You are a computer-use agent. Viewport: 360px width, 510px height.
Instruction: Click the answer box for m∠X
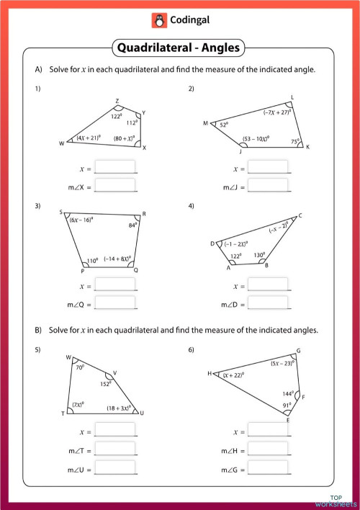tap(115, 185)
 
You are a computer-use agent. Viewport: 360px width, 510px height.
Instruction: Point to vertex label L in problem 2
tap(292, 97)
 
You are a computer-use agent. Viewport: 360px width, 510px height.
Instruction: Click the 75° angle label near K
tap(294, 142)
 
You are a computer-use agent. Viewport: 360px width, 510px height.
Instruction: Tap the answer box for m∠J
tap(268, 185)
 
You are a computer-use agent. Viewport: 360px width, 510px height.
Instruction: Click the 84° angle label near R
tap(132, 225)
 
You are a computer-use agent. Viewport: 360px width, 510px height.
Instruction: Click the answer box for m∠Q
tap(115, 303)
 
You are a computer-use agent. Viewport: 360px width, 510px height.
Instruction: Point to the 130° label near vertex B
tap(259, 255)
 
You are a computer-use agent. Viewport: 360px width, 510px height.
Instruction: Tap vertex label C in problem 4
tap(300, 215)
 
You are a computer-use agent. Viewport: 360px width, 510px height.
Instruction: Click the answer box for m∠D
tap(268, 303)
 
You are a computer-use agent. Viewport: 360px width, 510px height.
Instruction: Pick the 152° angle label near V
tap(105, 384)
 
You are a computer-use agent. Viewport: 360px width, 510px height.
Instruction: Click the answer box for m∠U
tap(115, 466)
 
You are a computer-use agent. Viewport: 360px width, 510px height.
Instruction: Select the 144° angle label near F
tap(288, 394)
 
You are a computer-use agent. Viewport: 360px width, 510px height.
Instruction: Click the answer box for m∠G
tap(268, 466)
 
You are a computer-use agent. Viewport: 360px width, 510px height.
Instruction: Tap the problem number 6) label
tap(192, 350)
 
